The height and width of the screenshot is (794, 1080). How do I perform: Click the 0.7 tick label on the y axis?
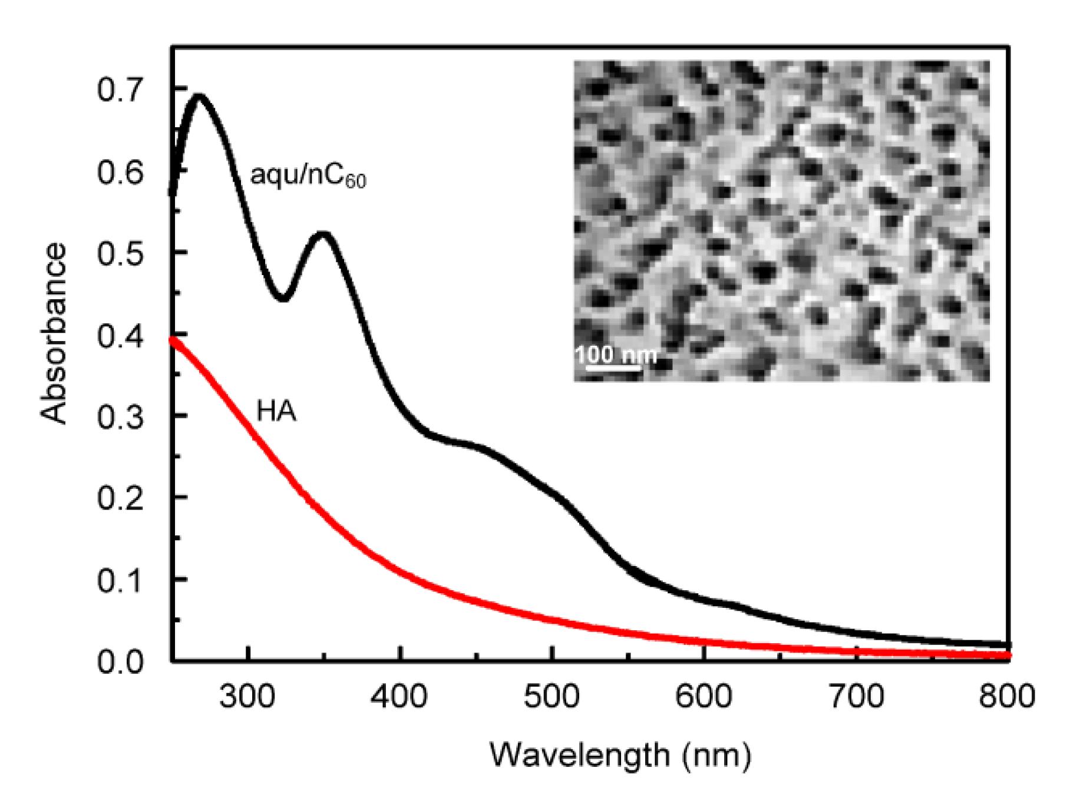120,91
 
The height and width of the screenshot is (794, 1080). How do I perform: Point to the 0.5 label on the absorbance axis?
120,253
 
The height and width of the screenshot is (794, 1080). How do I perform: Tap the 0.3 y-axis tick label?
120,416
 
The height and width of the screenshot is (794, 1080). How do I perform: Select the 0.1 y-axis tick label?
120,580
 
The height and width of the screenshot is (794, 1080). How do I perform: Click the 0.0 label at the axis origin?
120,661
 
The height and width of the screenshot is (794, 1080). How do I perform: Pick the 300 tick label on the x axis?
248,697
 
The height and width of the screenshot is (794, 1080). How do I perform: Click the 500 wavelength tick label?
551,697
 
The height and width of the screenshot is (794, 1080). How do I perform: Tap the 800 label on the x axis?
1007,697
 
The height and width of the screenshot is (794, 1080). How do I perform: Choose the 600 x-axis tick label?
704,697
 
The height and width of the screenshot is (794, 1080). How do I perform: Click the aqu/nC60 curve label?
308,176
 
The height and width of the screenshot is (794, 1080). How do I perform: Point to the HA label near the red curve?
276,412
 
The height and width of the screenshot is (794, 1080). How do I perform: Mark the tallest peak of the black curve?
199,96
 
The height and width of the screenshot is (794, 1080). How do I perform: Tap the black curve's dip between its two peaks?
283,297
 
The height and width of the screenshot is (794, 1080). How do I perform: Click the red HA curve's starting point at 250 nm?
173,340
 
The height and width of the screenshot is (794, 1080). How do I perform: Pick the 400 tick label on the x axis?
400,697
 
